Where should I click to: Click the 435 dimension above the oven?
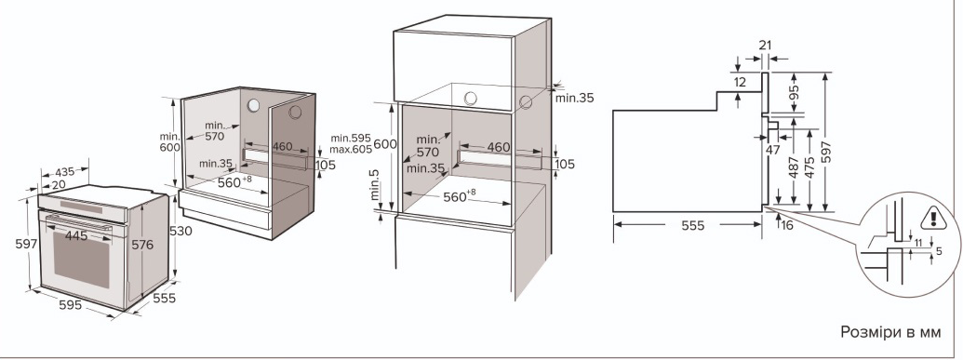click(x=65, y=173)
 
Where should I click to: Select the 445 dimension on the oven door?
click(x=75, y=235)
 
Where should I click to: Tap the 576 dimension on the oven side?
click(x=142, y=245)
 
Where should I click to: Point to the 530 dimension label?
click(x=181, y=231)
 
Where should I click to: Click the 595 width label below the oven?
click(x=71, y=304)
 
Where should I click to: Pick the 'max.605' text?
click(x=351, y=149)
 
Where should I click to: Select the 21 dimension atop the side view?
click(x=765, y=45)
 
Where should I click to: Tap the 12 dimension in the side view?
click(x=740, y=82)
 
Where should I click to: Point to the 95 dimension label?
click(x=795, y=92)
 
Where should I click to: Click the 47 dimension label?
click(x=772, y=149)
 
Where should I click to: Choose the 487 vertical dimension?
click(x=794, y=167)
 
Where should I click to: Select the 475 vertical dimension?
click(x=809, y=167)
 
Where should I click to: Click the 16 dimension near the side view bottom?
click(x=787, y=225)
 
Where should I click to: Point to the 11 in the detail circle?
click(x=918, y=244)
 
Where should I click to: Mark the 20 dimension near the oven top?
click(x=59, y=185)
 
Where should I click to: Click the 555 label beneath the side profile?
click(x=693, y=225)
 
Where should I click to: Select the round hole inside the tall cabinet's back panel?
click(x=471, y=99)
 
